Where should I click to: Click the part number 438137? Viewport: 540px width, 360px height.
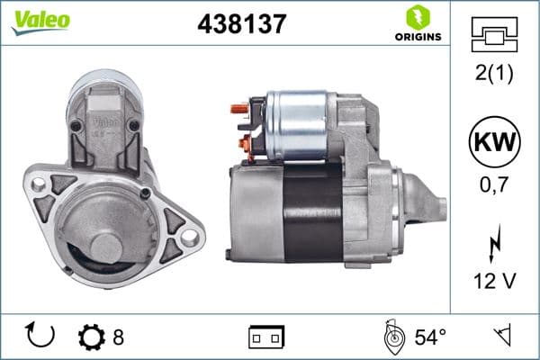coord(241,25)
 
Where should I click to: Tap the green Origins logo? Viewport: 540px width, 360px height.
coord(417,23)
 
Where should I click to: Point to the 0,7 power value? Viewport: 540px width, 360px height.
coord(494,186)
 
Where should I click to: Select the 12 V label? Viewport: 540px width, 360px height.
coord(494,282)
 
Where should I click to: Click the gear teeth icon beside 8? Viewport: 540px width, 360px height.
coord(92,337)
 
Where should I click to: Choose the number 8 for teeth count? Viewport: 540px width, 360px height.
coord(118,337)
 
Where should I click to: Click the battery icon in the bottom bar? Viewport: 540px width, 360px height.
coord(266,337)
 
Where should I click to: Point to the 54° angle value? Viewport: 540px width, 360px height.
coord(430,337)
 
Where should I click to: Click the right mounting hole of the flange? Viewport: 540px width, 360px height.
coord(190,236)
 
